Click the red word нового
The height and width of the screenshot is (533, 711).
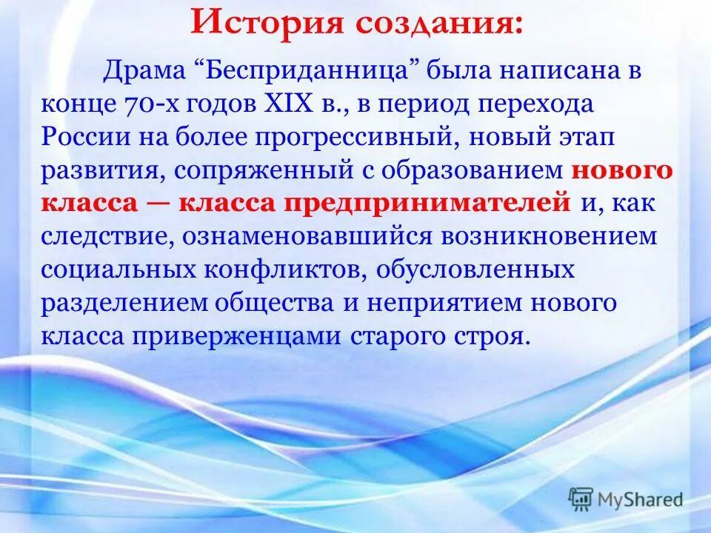pyautogui.click(x=622, y=170)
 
